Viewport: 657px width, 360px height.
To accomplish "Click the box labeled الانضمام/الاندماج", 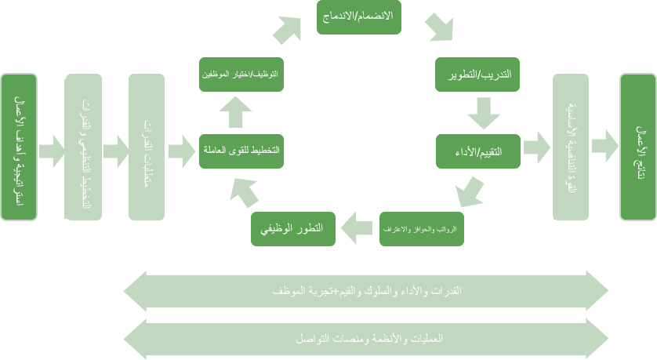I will click(359, 16).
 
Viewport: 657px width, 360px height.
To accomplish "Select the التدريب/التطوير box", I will click(477, 75).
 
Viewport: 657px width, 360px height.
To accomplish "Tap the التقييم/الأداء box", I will click(478, 151).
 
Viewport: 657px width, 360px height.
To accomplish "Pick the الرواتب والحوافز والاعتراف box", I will click(421, 228).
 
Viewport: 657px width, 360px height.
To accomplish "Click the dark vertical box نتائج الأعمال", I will click(638, 147).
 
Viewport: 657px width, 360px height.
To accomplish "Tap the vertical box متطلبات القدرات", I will click(147, 147).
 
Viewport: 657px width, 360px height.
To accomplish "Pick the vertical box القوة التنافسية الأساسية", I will click(571, 147).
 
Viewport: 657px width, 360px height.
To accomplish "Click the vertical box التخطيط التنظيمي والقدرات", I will click(82, 147).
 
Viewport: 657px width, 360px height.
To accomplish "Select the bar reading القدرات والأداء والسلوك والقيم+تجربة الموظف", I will click(365, 291).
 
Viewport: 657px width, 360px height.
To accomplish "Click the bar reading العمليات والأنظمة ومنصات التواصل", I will click(365, 339).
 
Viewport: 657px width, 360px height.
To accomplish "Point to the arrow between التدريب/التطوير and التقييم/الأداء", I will click(483, 114).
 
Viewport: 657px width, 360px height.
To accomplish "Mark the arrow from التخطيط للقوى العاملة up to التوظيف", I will click(235, 112).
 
